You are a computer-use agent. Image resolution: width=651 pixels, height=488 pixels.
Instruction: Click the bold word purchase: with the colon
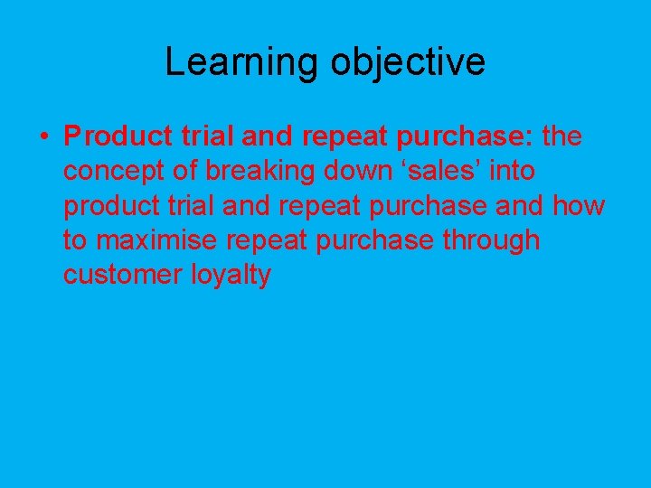[x=470, y=137]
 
